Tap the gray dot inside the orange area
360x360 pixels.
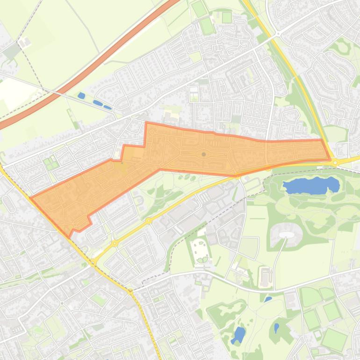[x=204, y=154]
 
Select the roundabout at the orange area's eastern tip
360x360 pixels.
[x=335, y=162]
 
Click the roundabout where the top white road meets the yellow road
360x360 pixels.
[x=277, y=34]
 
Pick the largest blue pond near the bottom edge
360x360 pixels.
[x=238, y=334]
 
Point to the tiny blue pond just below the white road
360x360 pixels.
[x=268, y=299]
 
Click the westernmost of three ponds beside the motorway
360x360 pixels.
[x=81, y=95]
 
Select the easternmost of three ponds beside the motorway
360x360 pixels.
[x=108, y=107]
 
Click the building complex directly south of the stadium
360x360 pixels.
[x=265, y=277]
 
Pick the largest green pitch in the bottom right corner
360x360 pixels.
[x=335, y=338]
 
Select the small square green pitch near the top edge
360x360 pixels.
[x=227, y=18]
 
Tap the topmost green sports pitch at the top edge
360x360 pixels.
[x=200, y=9]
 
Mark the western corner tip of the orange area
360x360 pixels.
[x=31, y=198]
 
